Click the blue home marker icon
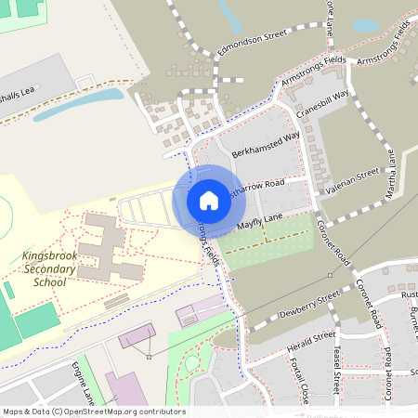click(x=208, y=200)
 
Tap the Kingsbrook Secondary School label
click(x=43, y=268)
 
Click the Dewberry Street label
click(x=309, y=306)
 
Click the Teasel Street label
click(x=338, y=372)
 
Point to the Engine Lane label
click(x=84, y=385)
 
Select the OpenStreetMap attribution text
click(x=93, y=411)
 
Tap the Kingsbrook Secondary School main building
click(x=108, y=247)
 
